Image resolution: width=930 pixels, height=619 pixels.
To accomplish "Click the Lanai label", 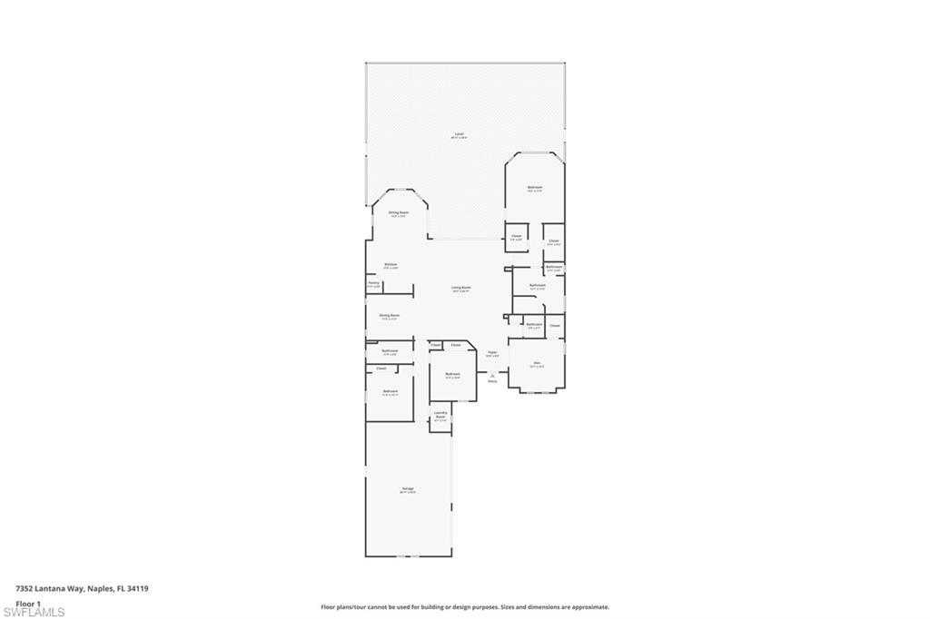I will click(x=460, y=134).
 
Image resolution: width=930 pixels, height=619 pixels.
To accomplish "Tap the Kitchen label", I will click(x=391, y=265).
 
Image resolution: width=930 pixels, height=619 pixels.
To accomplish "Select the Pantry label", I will click(x=373, y=283).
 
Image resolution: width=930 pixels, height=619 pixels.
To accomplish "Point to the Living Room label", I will click(x=461, y=287).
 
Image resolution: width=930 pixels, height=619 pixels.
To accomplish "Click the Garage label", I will click(x=408, y=489).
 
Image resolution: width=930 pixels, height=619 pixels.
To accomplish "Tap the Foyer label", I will click(x=492, y=352).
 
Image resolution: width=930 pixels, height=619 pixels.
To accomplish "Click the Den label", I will click(x=537, y=363).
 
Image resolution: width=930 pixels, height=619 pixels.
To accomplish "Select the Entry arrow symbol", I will click(x=492, y=374).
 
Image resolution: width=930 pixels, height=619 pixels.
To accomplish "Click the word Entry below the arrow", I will click(x=492, y=381).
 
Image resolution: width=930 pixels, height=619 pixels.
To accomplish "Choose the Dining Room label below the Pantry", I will click(x=390, y=316).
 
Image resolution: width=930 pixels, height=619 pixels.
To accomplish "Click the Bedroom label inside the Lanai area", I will click(x=535, y=188).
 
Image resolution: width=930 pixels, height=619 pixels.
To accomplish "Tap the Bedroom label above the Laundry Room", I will click(x=452, y=374).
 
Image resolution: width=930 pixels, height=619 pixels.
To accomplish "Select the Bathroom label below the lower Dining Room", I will click(x=390, y=350).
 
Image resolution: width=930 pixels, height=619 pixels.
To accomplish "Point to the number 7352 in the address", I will click(x=25, y=588).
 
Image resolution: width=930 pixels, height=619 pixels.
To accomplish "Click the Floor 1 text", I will click(x=28, y=603).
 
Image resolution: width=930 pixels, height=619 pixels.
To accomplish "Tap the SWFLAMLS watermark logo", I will click(x=34, y=612).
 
